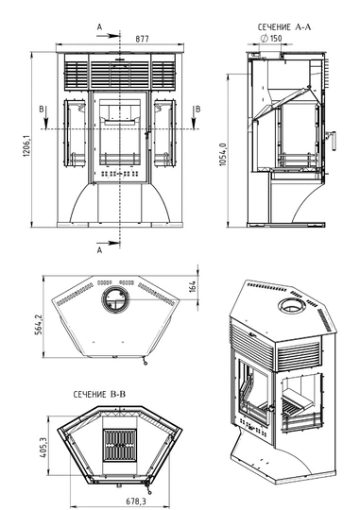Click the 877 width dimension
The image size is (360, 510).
pyautogui.click(x=142, y=39)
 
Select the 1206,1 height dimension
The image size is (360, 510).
pyautogui.click(x=26, y=146)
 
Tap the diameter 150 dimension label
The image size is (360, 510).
pyautogui.click(x=271, y=39)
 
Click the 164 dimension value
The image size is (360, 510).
pyautogui.click(x=193, y=286)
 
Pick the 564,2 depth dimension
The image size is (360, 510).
pyautogui.click(x=39, y=324)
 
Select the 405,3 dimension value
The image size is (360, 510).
pyautogui.click(x=43, y=448)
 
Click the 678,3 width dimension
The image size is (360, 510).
pyautogui.click(x=136, y=501)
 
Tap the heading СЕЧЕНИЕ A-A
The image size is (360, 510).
pyautogui.click(x=284, y=27)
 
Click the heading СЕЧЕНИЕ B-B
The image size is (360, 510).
pyautogui.click(x=99, y=395)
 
